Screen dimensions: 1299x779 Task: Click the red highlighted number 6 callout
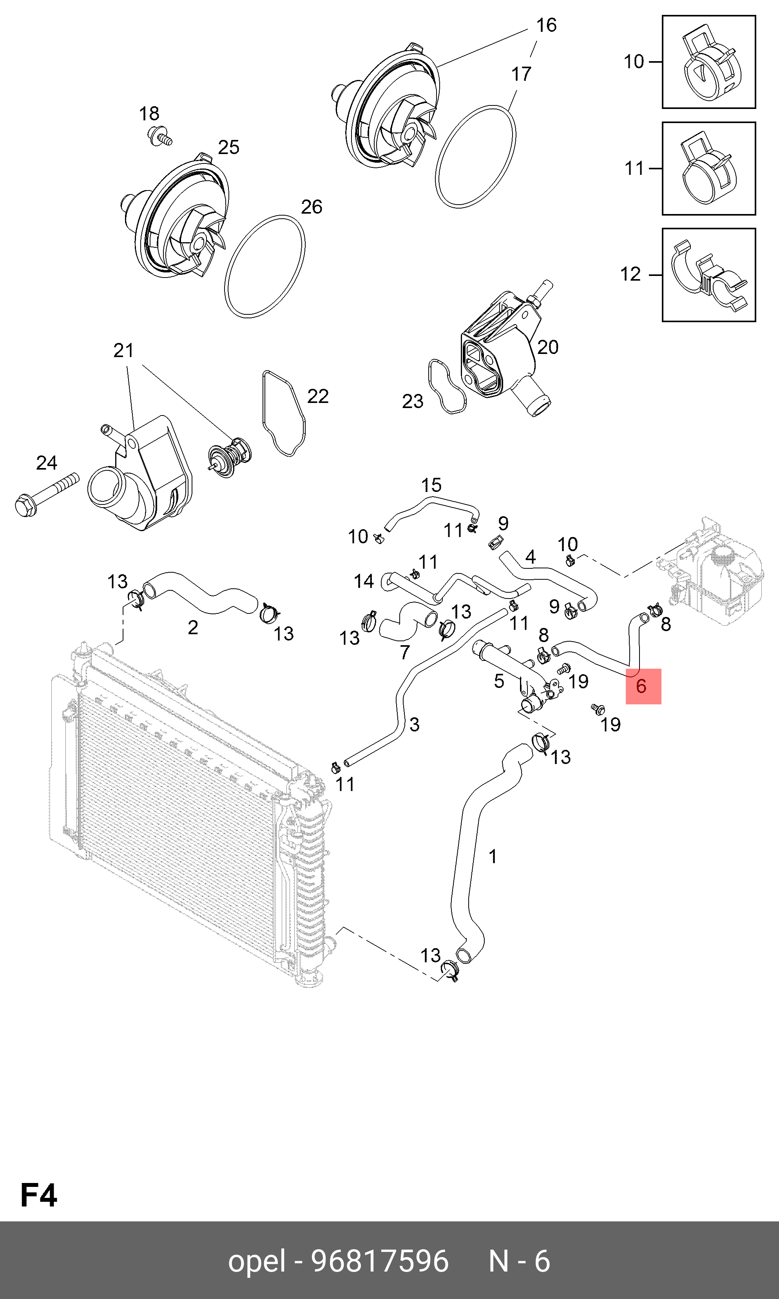pos(643,686)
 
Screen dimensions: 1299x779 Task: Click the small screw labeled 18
pos(159,136)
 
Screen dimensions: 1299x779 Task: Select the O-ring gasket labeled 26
pos(264,266)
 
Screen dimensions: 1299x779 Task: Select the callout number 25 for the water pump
pos(228,147)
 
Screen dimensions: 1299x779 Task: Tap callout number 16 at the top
pos(546,25)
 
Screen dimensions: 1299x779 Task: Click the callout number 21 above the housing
pos(124,350)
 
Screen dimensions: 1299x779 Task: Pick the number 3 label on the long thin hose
pos(414,725)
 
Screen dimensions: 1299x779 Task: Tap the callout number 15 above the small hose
pos(431,485)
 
